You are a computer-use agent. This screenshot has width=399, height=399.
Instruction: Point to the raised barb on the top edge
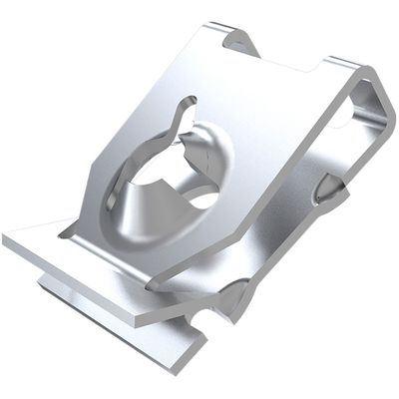(x=238, y=41)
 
